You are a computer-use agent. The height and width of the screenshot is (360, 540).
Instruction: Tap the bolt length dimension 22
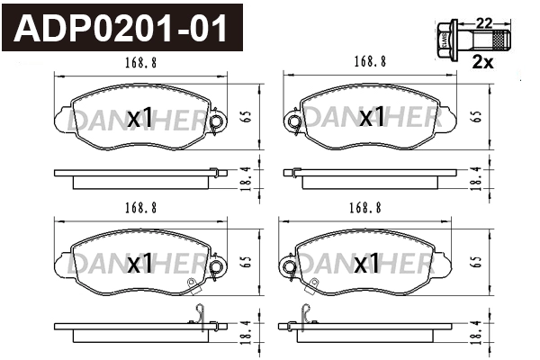483,21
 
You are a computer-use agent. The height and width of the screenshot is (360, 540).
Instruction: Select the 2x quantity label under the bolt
483,63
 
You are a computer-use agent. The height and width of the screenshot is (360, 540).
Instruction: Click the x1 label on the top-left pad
139,118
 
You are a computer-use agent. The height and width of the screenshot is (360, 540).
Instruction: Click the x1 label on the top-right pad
371,118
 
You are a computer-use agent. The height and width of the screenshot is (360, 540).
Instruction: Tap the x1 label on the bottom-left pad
139,264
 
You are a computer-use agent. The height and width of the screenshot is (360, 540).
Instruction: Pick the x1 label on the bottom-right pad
366,264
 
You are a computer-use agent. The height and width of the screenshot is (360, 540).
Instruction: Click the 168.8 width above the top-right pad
370,62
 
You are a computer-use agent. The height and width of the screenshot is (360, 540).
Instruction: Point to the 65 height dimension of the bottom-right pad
474,261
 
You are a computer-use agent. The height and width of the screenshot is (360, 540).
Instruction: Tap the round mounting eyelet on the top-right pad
292,121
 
